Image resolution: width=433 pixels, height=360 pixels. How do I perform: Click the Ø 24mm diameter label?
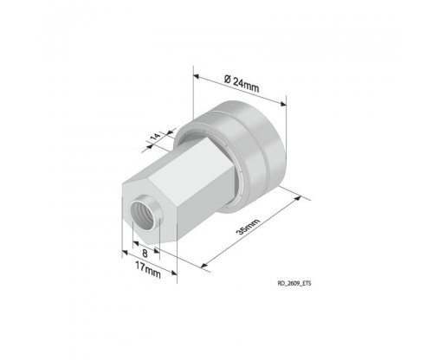[x=242, y=84]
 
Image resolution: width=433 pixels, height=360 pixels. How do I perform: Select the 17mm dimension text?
[x=148, y=270]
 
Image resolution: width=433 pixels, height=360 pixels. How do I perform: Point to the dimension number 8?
[x=145, y=254]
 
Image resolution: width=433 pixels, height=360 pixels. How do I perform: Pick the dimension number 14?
[x=156, y=136]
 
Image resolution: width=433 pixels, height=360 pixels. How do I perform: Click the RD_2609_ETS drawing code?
[x=294, y=283]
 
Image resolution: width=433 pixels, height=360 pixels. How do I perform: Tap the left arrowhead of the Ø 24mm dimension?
[x=197, y=76]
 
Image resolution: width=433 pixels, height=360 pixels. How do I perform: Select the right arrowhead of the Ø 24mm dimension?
[x=283, y=104]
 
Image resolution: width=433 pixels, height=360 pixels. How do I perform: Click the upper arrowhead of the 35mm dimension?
[x=297, y=199]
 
